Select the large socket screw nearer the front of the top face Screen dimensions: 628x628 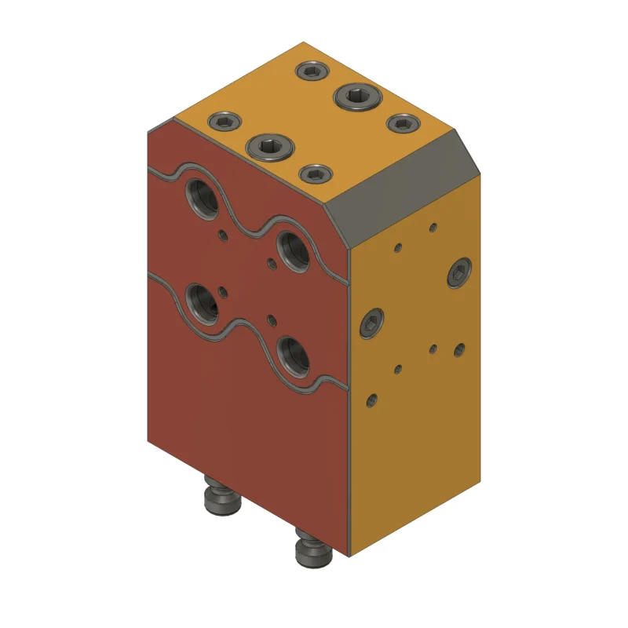tap(269, 145)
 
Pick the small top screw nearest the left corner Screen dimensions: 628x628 tap(224, 122)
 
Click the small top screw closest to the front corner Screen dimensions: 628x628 tap(316, 173)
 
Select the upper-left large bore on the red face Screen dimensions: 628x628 tap(203, 196)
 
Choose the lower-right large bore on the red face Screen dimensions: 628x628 tap(294, 355)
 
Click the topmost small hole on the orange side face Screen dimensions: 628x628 tap(432, 228)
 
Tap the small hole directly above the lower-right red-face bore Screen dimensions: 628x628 tap(272, 319)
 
